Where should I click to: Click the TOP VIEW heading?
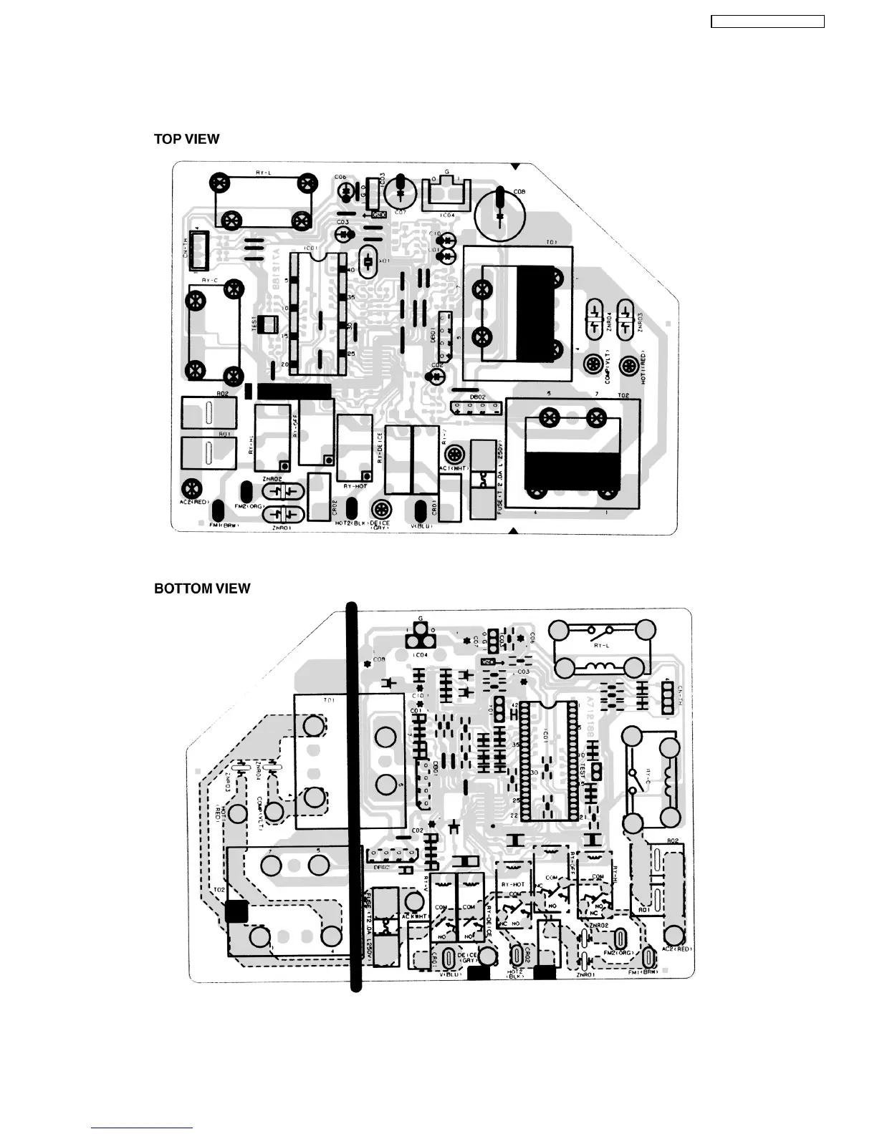point(186,139)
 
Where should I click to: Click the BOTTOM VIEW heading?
point(202,588)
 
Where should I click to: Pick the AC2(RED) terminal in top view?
point(191,488)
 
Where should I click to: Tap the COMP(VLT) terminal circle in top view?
point(593,364)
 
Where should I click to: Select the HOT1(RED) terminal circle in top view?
point(628,364)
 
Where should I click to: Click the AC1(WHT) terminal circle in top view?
point(453,454)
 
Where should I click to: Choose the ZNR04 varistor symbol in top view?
point(594,319)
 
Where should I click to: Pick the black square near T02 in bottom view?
point(236,911)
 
